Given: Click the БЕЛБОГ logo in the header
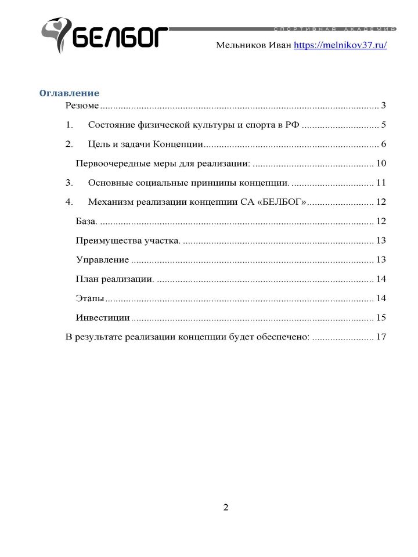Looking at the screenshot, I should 105,36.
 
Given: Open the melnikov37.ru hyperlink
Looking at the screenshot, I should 340,45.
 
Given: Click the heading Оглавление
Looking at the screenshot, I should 69,93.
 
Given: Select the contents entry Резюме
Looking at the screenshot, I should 82,106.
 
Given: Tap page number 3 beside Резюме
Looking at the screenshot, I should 384,106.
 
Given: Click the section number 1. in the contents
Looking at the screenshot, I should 70,125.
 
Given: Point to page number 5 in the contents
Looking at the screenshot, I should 384,125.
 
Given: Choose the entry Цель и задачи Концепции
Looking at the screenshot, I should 145,144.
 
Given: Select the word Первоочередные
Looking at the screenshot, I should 111,163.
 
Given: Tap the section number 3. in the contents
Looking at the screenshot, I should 70,183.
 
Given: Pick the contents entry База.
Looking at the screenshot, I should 87,221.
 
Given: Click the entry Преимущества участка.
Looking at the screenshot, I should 128,240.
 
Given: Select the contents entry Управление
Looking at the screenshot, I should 102,260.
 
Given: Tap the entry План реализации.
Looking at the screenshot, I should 115,279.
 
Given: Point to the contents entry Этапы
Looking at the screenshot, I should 90,298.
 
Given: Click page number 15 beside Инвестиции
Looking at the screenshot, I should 381,317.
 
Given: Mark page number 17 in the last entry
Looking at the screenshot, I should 381,337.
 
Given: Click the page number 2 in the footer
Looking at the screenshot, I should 226,508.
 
